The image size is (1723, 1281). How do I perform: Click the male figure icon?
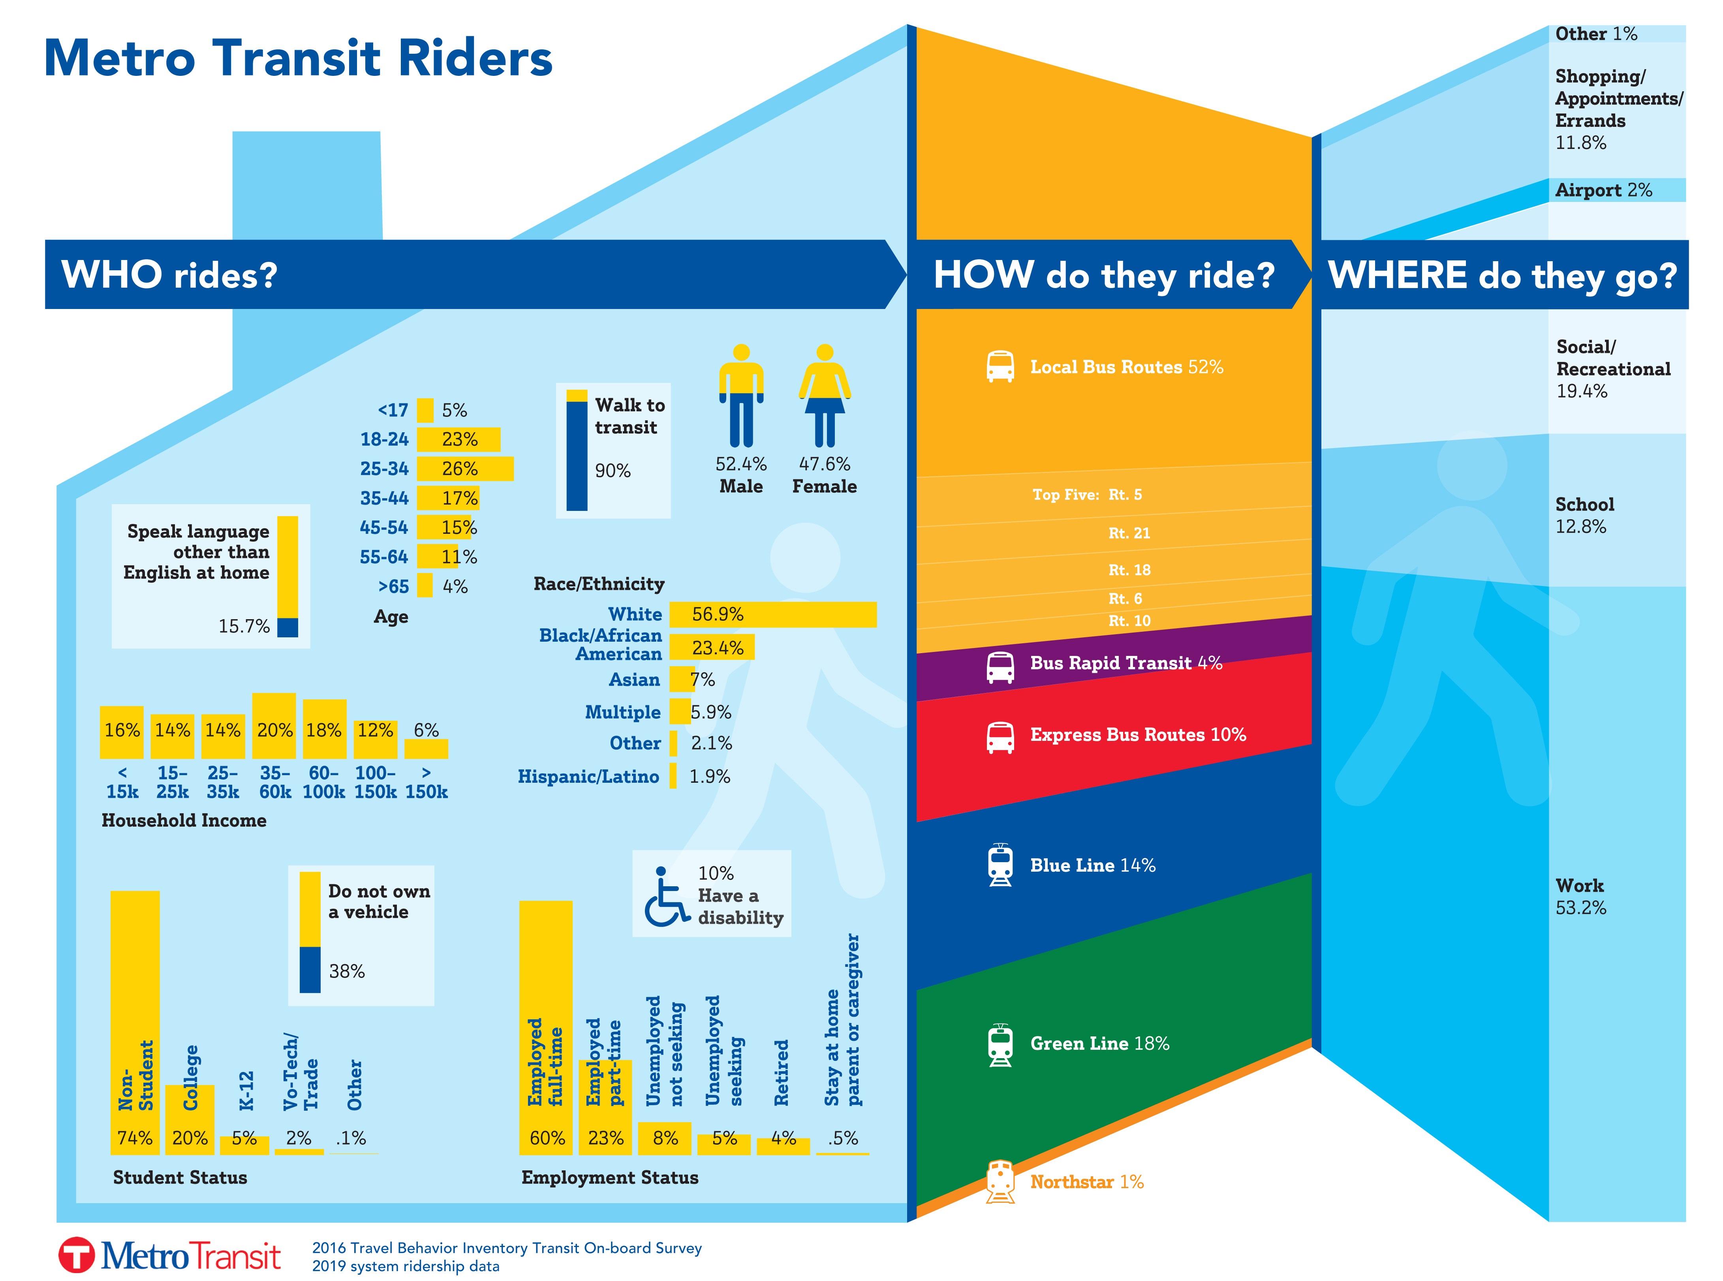741,396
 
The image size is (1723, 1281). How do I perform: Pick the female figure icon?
825,396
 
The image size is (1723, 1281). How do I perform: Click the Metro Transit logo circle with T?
76,1254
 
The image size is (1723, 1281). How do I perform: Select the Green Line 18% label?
1099,1044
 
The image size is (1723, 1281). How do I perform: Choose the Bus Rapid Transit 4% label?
1125,663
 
